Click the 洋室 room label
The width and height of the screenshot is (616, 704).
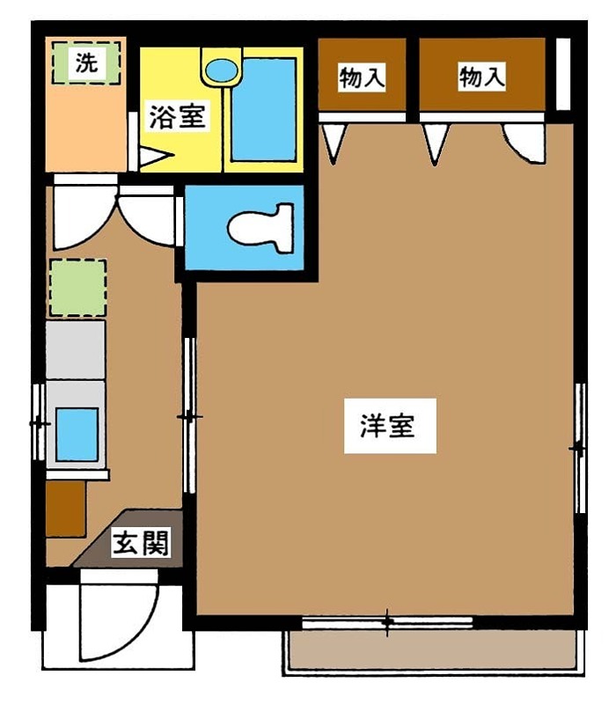[x=390, y=427]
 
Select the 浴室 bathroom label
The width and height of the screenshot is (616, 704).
[x=177, y=118]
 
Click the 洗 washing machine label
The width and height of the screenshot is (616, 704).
[x=84, y=62]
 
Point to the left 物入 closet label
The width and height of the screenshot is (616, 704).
[x=362, y=78]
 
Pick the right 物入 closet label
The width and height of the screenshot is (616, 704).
[x=481, y=78]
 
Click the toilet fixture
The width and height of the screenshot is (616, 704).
[x=259, y=228]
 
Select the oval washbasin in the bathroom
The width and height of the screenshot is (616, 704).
[x=220, y=70]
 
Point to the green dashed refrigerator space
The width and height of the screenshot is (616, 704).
[x=77, y=287]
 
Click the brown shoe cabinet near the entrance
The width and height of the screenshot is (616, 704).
[x=66, y=509]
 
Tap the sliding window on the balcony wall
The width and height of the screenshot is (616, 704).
[x=387, y=622]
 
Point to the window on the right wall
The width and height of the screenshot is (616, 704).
[x=579, y=448]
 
